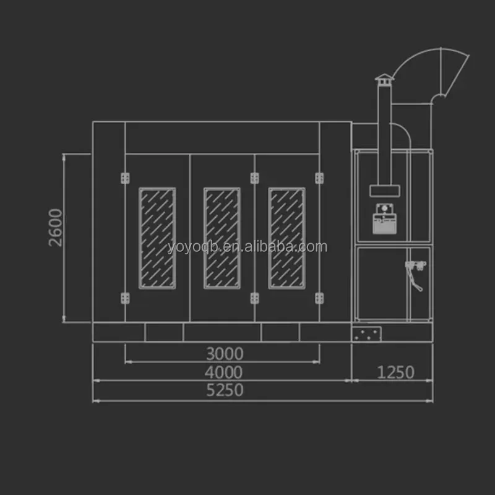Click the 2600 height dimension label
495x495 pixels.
[x=56, y=228]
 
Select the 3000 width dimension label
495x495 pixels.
[x=225, y=353]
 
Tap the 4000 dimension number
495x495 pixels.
[x=223, y=372]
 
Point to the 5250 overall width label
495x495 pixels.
[x=225, y=390]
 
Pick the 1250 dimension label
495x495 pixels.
[x=395, y=372]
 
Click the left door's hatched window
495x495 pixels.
[x=157, y=238]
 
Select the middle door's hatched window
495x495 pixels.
[x=222, y=238]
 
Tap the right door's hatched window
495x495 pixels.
[x=287, y=238]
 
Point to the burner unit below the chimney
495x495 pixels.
[x=384, y=219]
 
